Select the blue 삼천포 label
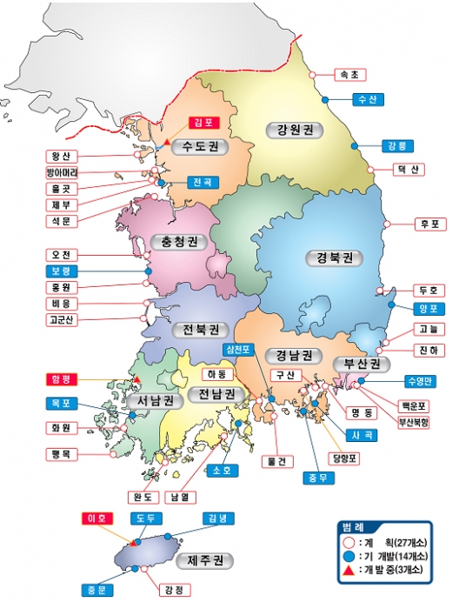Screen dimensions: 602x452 237,350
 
